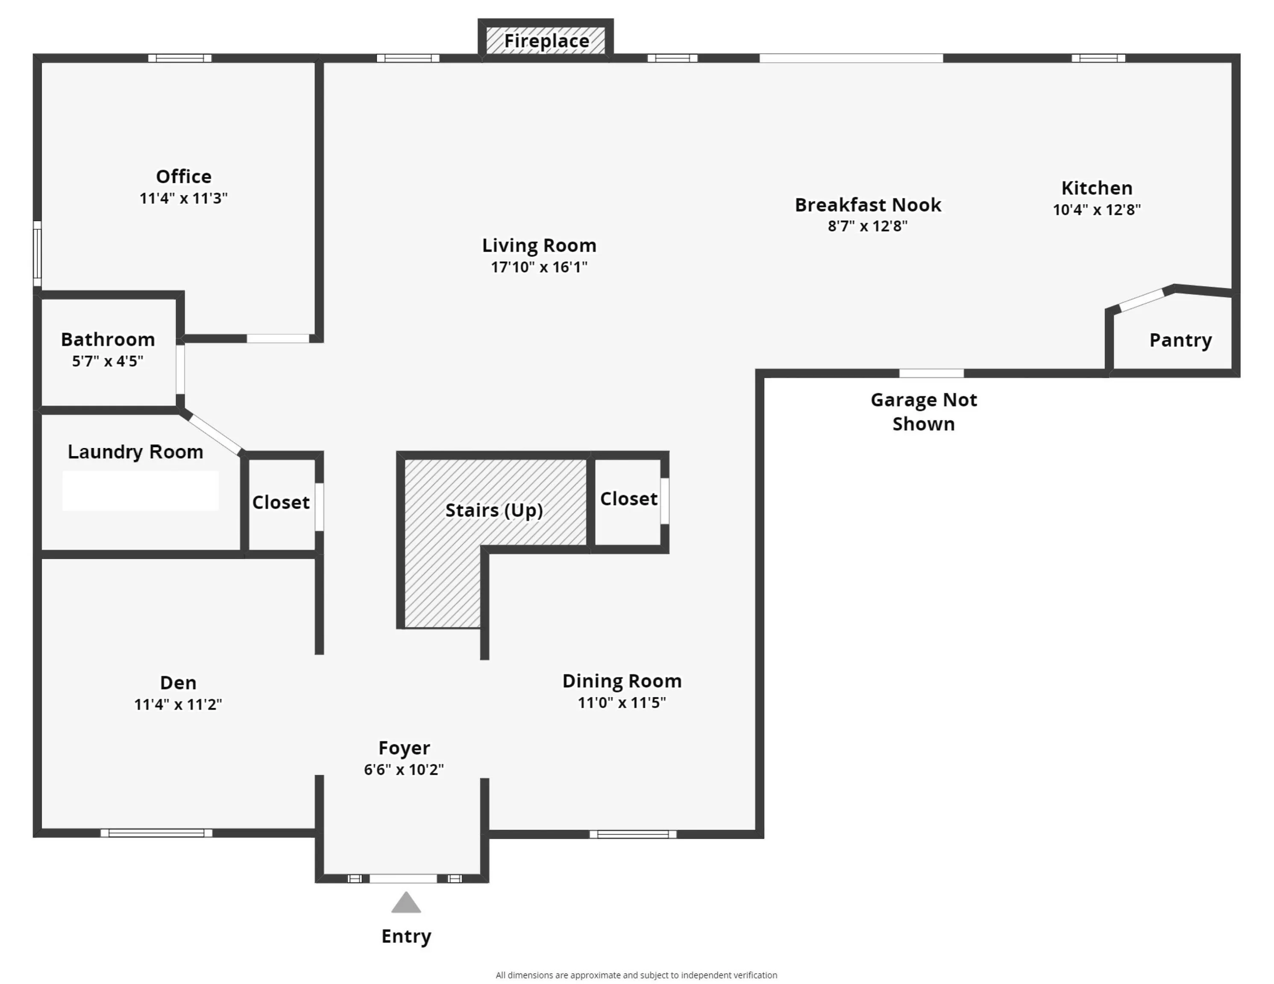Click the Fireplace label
click(546, 41)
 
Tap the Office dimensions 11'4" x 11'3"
click(183, 198)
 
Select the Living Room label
click(539, 246)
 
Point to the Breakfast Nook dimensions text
click(867, 226)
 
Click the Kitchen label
click(1097, 188)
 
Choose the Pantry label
click(1180, 340)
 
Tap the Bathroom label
click(108, 340)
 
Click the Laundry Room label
click(135, 452)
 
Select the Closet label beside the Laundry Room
click(281, 502)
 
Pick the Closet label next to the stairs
click(628, 499)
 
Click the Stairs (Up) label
click(494, 510)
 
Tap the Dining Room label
click(622, 681)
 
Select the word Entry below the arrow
click(406, 937)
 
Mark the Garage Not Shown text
click(923, 412)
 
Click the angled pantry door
click(1142, 300)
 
